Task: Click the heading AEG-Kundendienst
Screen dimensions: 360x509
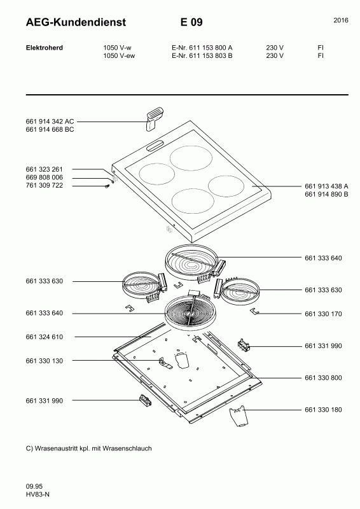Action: [x=76, y=22]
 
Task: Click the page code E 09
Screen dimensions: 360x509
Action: [x=191, y=22]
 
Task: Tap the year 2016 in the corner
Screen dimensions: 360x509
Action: [x=341, y=20]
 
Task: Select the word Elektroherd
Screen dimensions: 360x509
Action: [x=44, y=48]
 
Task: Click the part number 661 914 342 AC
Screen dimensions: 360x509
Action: [x=50, y=122]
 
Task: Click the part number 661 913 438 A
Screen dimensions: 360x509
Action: [x=326, y=186]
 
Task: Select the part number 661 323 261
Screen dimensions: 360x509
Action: [x=44, y=169]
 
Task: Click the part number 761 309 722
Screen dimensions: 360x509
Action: [x=44, y=185]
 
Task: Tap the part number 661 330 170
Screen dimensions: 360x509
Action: [x=323, y=314]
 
